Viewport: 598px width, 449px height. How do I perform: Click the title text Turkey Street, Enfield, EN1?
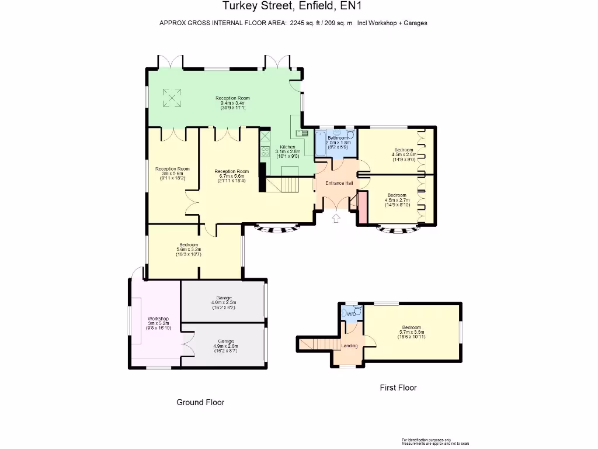(293, 8)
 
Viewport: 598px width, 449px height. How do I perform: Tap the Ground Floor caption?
(200, 402)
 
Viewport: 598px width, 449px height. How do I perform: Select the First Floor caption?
(398, 388)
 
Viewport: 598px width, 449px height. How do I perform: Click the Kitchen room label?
(287, 147)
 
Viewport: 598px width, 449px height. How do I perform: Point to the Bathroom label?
(338, 138)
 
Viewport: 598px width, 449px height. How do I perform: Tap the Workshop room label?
(158, 319)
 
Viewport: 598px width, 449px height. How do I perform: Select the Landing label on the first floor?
(349, 346)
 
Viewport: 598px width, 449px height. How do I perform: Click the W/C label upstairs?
(351, 315)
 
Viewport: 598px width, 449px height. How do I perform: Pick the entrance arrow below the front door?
(336, 219)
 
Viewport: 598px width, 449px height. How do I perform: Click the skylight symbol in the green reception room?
(172, 98)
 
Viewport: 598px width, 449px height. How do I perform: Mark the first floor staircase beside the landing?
(319, 344)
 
